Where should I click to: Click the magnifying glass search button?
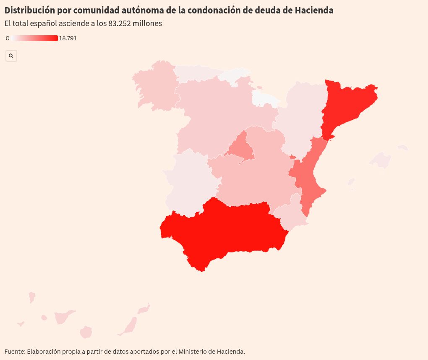pos(11,55)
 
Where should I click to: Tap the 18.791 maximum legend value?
pos(68,38)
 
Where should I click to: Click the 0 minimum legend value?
pos(8,38)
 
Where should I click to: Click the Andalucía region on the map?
pos(227,229)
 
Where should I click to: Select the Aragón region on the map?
pos(302,118)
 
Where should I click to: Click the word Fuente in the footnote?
pos(14,351)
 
